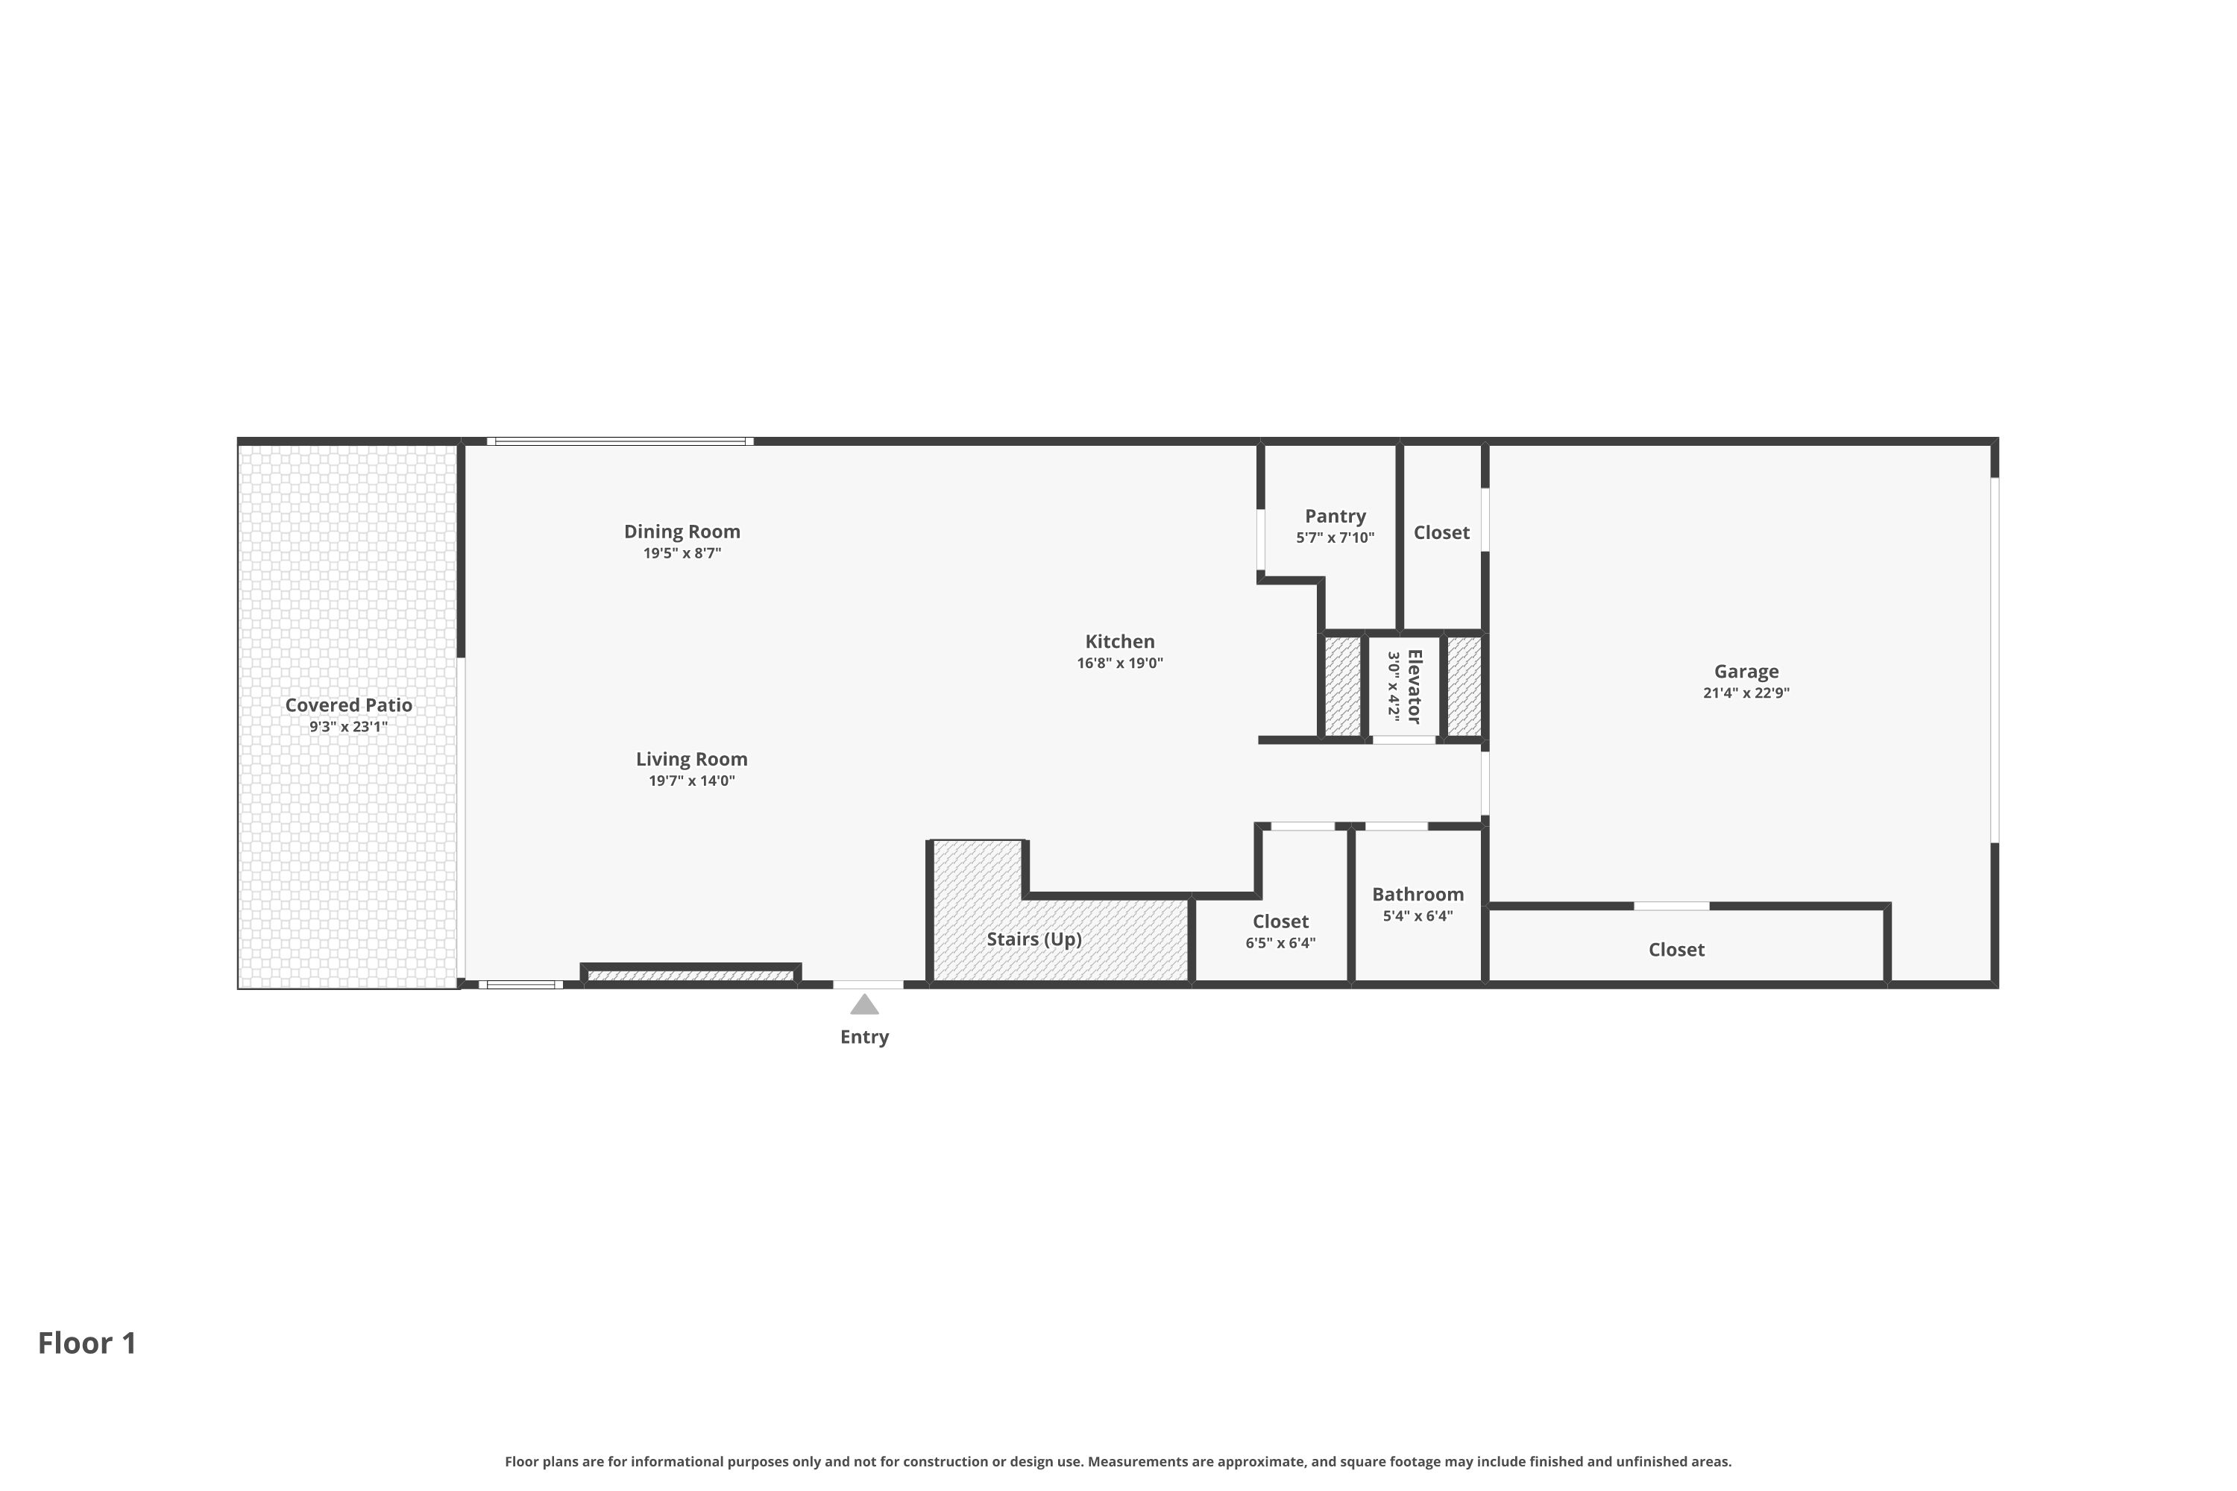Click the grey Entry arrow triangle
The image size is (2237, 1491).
tap(863, 1004)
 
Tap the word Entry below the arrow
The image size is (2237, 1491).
tap(863, 1038)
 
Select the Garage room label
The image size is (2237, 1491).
tap(1746, 672)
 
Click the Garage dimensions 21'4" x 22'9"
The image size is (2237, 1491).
tap(1746, 693)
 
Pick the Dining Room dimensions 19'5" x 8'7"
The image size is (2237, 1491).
tap(682, 553)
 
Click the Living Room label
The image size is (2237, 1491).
tap(691, 760)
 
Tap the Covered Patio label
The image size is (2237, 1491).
tap(348, 705)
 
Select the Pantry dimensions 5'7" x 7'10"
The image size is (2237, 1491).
tap(1335, 538)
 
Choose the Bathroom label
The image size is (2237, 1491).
tap(1418, 895)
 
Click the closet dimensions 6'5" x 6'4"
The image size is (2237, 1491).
tap(1280, 943)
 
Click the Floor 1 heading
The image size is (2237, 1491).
tap(87, 1343)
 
